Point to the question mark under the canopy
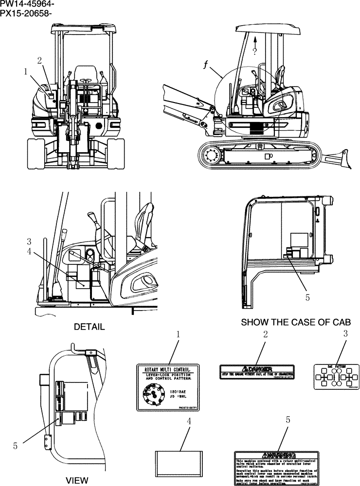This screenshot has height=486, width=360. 254,50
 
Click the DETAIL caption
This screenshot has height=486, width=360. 89,327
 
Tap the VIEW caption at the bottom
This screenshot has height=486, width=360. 77,481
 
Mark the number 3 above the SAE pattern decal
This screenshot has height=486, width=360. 345,333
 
